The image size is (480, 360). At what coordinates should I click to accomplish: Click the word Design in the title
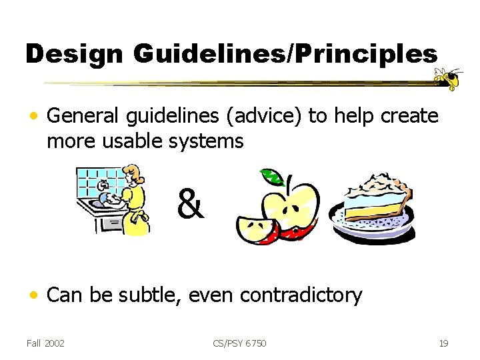click(73, 54)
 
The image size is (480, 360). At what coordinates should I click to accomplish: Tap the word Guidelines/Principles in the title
click(285, 54)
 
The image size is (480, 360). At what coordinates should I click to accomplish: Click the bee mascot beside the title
click(449, 79)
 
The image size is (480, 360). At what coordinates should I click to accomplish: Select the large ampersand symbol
click(191, 204)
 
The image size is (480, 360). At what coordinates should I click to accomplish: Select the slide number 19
click(443, 343)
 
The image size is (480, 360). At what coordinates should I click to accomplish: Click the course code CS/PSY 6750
click(239, 343)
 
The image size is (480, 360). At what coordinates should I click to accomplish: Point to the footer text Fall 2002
click(45, 343)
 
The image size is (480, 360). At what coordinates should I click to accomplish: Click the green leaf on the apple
click(271, 177)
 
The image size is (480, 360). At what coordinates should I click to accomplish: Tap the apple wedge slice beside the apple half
click(255, 231)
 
